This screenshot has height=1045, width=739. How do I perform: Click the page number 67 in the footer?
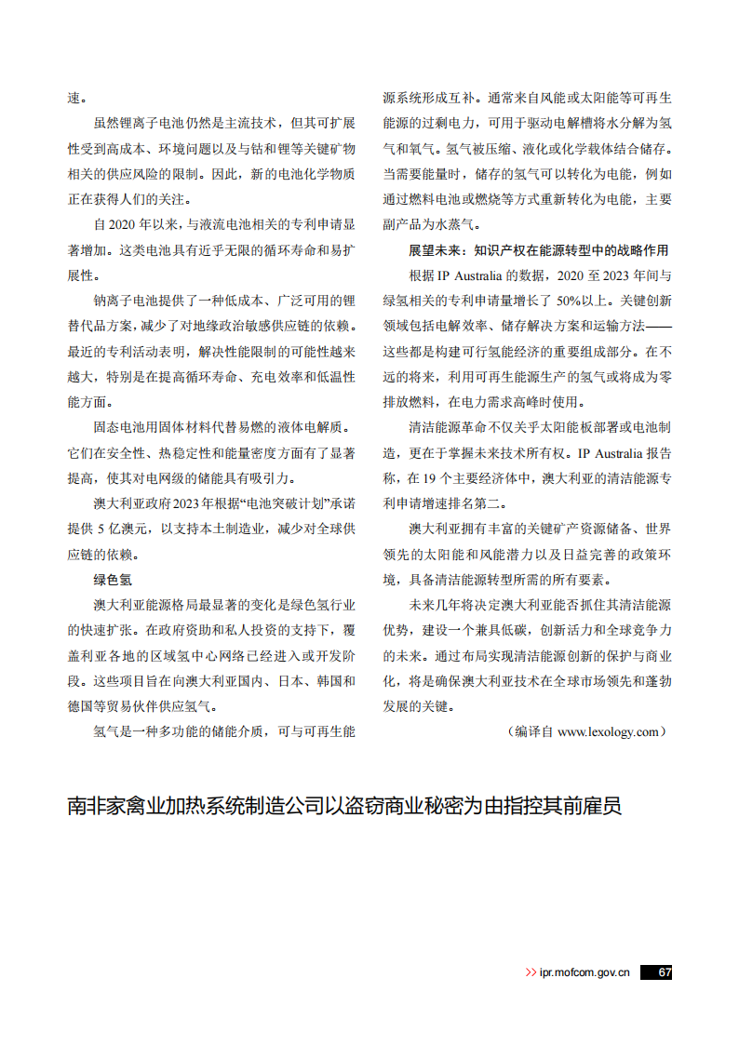[663, 971]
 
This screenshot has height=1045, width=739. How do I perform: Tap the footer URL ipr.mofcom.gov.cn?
[584, 972]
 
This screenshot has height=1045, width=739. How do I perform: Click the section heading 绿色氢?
[112, 579]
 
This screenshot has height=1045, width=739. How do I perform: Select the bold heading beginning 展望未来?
[538, 250]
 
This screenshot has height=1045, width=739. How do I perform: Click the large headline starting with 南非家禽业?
[343, 805]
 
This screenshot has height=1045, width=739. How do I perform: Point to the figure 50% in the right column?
[570, 301]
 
